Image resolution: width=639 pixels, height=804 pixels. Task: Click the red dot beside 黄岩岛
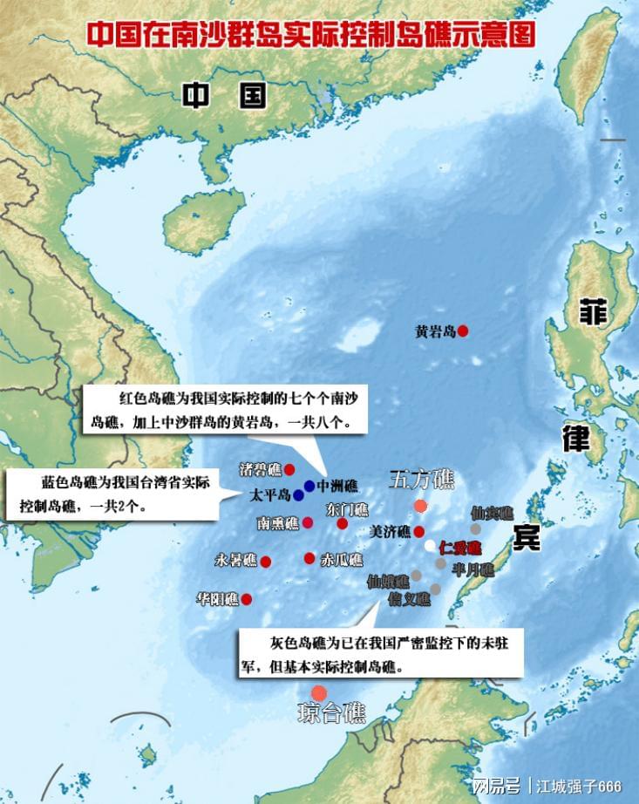pyautogui.click(x=463, y=330)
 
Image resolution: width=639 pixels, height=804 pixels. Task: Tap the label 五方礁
pyautogui.click(x=421, y=480)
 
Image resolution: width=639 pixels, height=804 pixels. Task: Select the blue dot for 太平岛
pyautogui.click(x=298, y=495)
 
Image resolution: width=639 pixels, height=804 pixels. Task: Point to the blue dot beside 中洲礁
pyautogui.click(x=309, y=486)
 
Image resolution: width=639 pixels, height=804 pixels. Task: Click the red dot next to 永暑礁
pyautogui.click(x=265, y=562)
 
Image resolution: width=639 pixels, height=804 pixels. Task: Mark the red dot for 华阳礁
pyautogui.click(x=247, y=599)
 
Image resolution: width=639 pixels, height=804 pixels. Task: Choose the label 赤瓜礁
pyautogui.click(x=342, y=559)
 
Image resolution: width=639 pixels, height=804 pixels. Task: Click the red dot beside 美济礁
pyautogui.click(x=418, y=531)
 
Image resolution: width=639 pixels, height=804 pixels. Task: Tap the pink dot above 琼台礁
pyautogui.click(x=319, y=692)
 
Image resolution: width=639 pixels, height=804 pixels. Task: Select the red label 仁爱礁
pyautogui.click(x=459, y=548)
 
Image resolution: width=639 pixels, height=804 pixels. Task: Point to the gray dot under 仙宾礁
pyautogui.click(x=475, y=528)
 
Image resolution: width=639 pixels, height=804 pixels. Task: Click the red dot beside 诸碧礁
pyautogui.click(x=289, y=469)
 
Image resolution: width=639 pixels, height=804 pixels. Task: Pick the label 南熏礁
pyautogui.click(x=278, y=523)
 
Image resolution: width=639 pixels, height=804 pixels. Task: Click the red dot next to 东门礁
pyautogui.click(x=342, y=523)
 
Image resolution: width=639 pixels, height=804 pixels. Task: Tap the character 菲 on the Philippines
pyautogui.click(x=594, y=311)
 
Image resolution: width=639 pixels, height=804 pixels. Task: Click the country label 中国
pyautogui.click(x=224, y=95)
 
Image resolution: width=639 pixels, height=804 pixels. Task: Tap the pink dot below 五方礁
pyautogui.click(x=420, y=506)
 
